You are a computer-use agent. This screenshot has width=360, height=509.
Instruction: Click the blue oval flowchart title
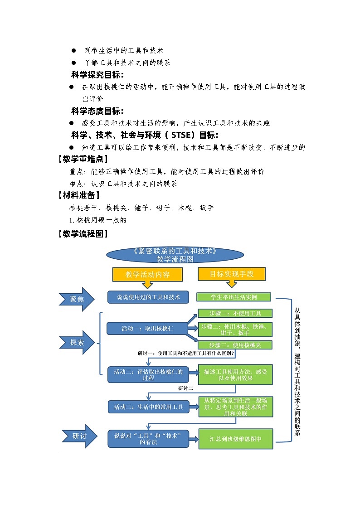(x=175, y=255)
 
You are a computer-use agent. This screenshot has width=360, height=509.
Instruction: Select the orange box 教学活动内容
(x=147, y=274)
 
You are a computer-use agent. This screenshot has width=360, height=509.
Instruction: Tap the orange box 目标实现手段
(x=231, y=274)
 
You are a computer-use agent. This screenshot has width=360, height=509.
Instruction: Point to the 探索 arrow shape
(x=78, y=343)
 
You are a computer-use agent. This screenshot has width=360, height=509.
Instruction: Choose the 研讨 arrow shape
(x=79, y=436)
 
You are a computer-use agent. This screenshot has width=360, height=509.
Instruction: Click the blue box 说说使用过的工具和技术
(x=148, y=297)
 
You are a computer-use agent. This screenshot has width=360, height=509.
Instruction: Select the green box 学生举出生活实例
(x=234, y=297)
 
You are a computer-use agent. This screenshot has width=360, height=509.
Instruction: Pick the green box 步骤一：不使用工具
(x=235, y=313)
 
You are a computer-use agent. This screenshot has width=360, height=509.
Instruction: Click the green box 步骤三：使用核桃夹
(x=235, y=345)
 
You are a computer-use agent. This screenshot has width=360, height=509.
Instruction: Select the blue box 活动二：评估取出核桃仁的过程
(x=148, y=374)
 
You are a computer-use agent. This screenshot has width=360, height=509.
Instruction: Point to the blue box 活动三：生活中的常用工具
(x=148, y=407)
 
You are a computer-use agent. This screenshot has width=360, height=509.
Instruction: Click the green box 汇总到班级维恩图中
(x=235, y=439)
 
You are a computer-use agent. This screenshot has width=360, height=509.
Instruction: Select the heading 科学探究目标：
(x=97, y=74)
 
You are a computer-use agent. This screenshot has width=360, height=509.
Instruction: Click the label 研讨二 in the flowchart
(x=186, y=388)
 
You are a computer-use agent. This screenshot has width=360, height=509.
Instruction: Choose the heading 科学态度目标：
(x=97, y=111)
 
